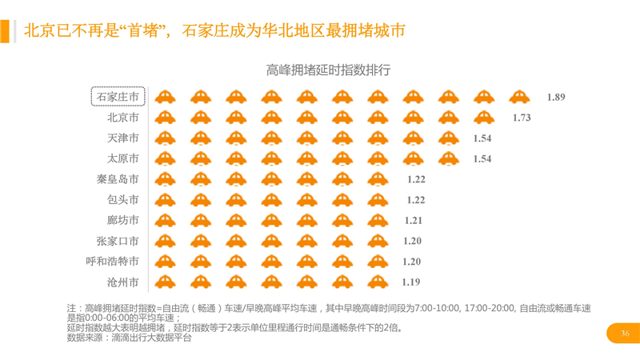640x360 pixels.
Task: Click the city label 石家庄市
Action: pyautogui.click(x=118, y=97)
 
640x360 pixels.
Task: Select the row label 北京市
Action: pyautogui.click(x=122, y=118)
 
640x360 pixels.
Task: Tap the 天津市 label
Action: pyautogui.click(x=122, y=138)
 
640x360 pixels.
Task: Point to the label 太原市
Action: pyautogui.click(x=122, y=158)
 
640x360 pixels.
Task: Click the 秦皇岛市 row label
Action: pyautogui.click(x=118, y=179)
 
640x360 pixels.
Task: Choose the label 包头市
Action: pyautogui.click(x=122, y=199)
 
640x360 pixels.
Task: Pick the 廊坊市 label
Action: pyautogui.click(x=122, y=220)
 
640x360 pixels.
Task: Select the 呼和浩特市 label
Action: pyautogui.click(x=113, y=261)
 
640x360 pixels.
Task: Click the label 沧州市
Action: pyautogui.click(x=122, y=282)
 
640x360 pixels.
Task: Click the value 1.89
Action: pyautogui.click(x=556, y=97)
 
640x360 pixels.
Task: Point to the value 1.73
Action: pyautogui.click(x=522, y=118)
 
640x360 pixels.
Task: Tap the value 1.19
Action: pyautogui.click(x=411, y=282)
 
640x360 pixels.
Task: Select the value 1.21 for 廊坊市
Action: pyautogui.click(x=414, y=220)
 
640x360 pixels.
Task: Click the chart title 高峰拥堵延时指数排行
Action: pyautogui.click(x=329, y=70)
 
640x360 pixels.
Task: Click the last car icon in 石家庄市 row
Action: pyautogui.click(x=519, y=97)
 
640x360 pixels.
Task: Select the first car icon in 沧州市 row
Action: pyautogui.click(x=165, y=282)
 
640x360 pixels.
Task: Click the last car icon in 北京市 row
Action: pyautogui.click(x=484, y=118)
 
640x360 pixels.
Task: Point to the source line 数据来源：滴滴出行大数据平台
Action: pyautogui.click(x=130, y=338)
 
